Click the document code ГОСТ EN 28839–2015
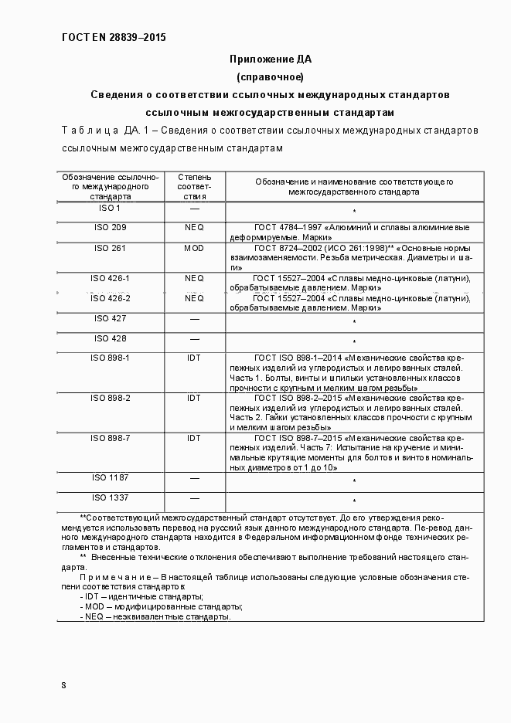pos(113,37)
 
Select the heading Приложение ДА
pos(270,59)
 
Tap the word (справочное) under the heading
pos(270,76)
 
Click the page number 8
pos(63,685)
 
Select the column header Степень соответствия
pos(194,187)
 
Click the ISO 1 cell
pos(111,209)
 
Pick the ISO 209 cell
pos(111,228)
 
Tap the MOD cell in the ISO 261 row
pos(194,249)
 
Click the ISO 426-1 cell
pos(111,278)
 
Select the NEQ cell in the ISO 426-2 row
pos(194,298)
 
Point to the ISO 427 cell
pos(111,318)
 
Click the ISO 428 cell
pos(111,338)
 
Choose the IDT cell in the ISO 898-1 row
pos(194,358)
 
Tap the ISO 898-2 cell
pos(111,398)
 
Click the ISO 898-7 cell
pos(111,438)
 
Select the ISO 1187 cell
pos(111,478)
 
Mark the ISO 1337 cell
pos(111,497)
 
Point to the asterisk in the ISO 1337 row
pos(354,501)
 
